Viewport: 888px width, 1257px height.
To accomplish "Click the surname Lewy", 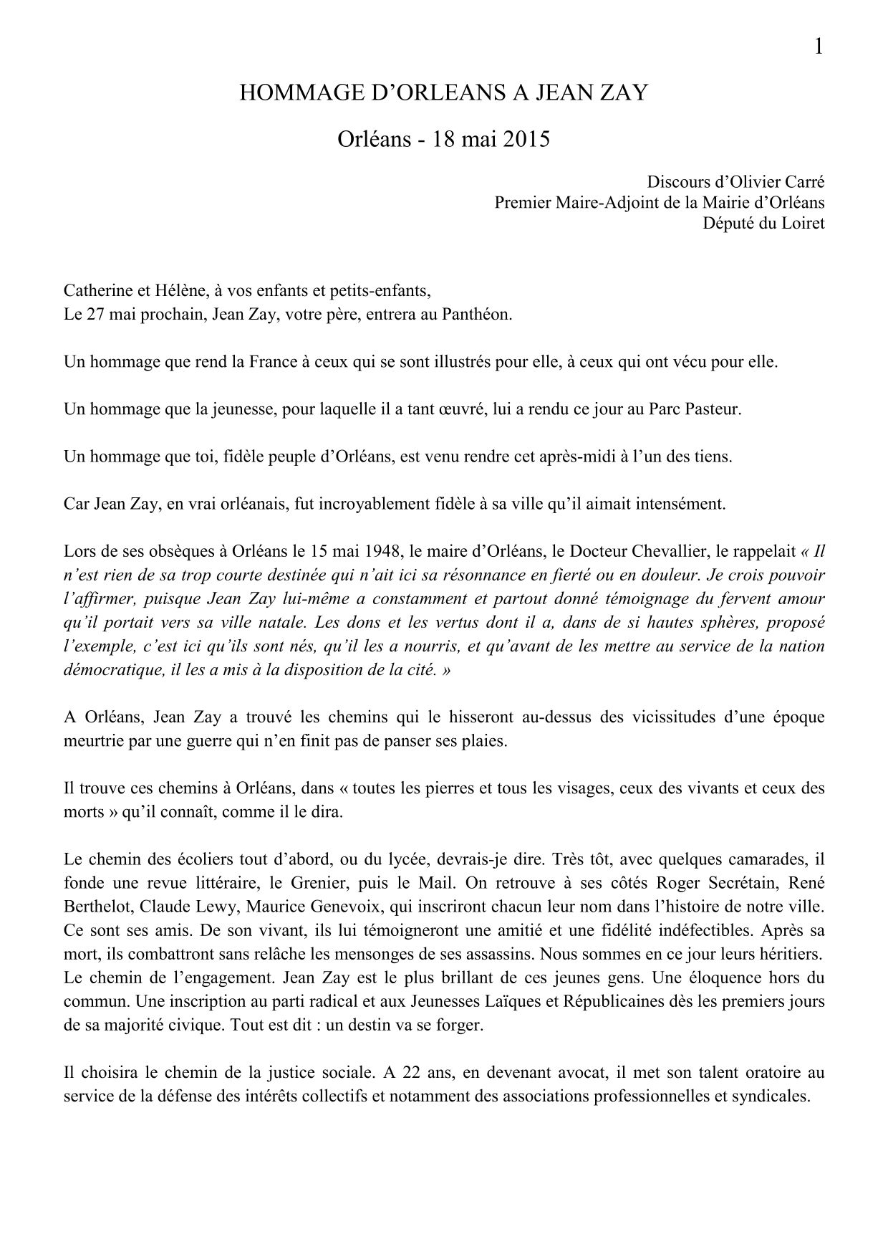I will [x=216, y=906].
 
